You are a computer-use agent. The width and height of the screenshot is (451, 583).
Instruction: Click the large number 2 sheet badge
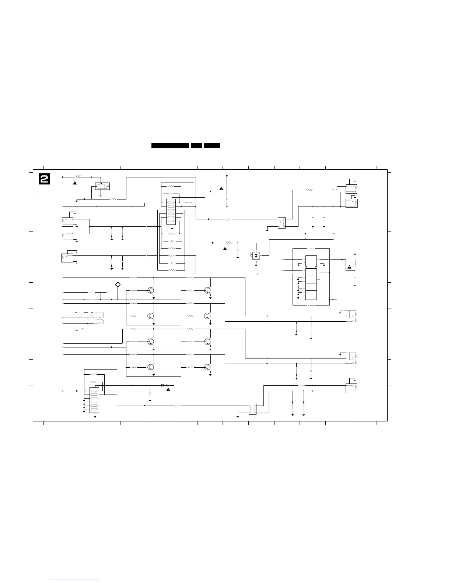(45, 179)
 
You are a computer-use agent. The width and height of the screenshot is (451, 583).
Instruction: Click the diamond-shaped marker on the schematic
(118, 285)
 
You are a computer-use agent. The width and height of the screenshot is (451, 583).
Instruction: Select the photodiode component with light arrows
(256, 255)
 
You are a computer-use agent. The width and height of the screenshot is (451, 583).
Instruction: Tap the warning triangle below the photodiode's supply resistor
(225, 249)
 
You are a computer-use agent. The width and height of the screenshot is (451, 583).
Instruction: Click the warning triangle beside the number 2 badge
(75, 183)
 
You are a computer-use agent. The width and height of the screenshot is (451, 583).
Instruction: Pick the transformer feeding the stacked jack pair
(282, 223)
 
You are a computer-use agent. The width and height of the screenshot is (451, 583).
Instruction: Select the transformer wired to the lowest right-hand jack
(253, 409)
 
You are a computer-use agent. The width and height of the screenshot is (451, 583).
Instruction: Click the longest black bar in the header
(170, 146)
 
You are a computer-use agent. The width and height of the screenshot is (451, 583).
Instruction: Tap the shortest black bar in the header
(196, 146)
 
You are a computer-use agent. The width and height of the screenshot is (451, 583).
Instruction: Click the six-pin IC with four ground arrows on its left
(94, 400)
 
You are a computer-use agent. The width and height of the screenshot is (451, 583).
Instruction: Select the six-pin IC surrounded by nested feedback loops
(171, 212)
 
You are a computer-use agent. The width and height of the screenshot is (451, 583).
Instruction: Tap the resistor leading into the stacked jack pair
(309, 190)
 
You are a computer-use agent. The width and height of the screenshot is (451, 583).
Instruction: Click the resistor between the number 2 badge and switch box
(78, 177)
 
